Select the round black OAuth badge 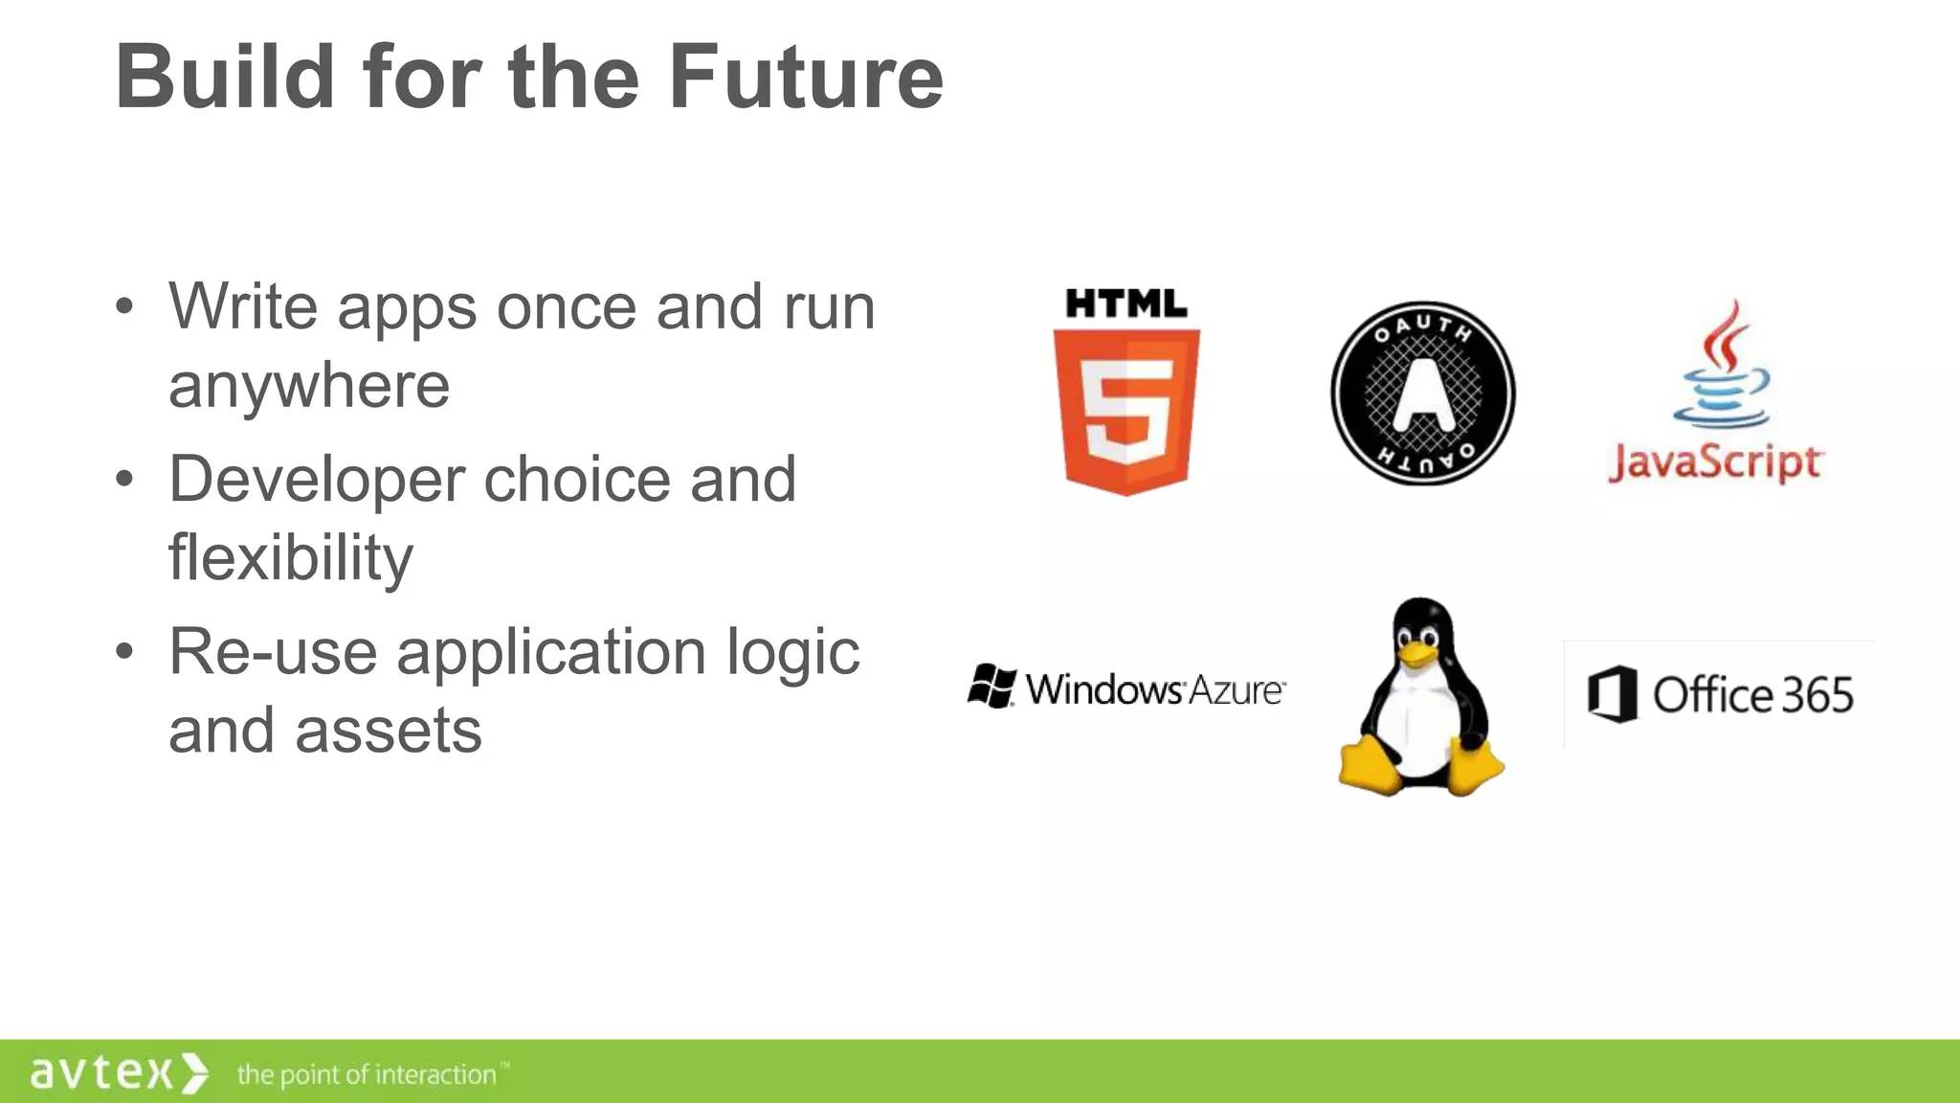[1423, 394]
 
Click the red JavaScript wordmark [1716, 462]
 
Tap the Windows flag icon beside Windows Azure [991, 687]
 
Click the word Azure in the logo [1235, 690]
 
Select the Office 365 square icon [1612, 694]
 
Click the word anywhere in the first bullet [309, 386]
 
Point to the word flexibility [291, 557]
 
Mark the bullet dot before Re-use [124, 652]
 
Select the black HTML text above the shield [1126, 304]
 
